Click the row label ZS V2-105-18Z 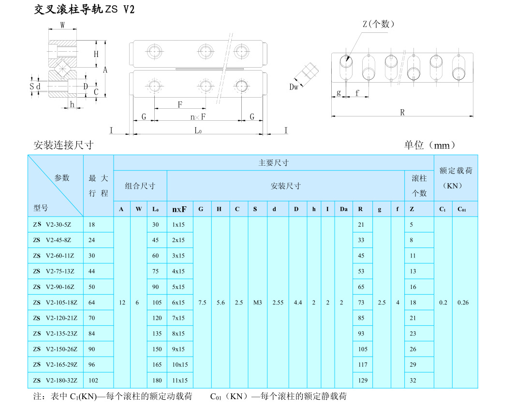(55, 302)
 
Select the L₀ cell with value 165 (156, 365)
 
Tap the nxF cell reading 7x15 (178, 318)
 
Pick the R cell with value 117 (362, 365)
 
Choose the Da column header (343, 209)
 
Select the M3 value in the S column (257, 302)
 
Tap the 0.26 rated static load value (463, 302)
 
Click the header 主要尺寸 (273, 163)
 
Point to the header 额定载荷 (456, 171)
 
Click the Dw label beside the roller (294, 87)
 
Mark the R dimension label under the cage (402, 112)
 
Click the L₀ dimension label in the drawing (197, 130)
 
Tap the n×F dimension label (197, 116)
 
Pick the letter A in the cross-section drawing (105, 70)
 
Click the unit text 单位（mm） (429, 145)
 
